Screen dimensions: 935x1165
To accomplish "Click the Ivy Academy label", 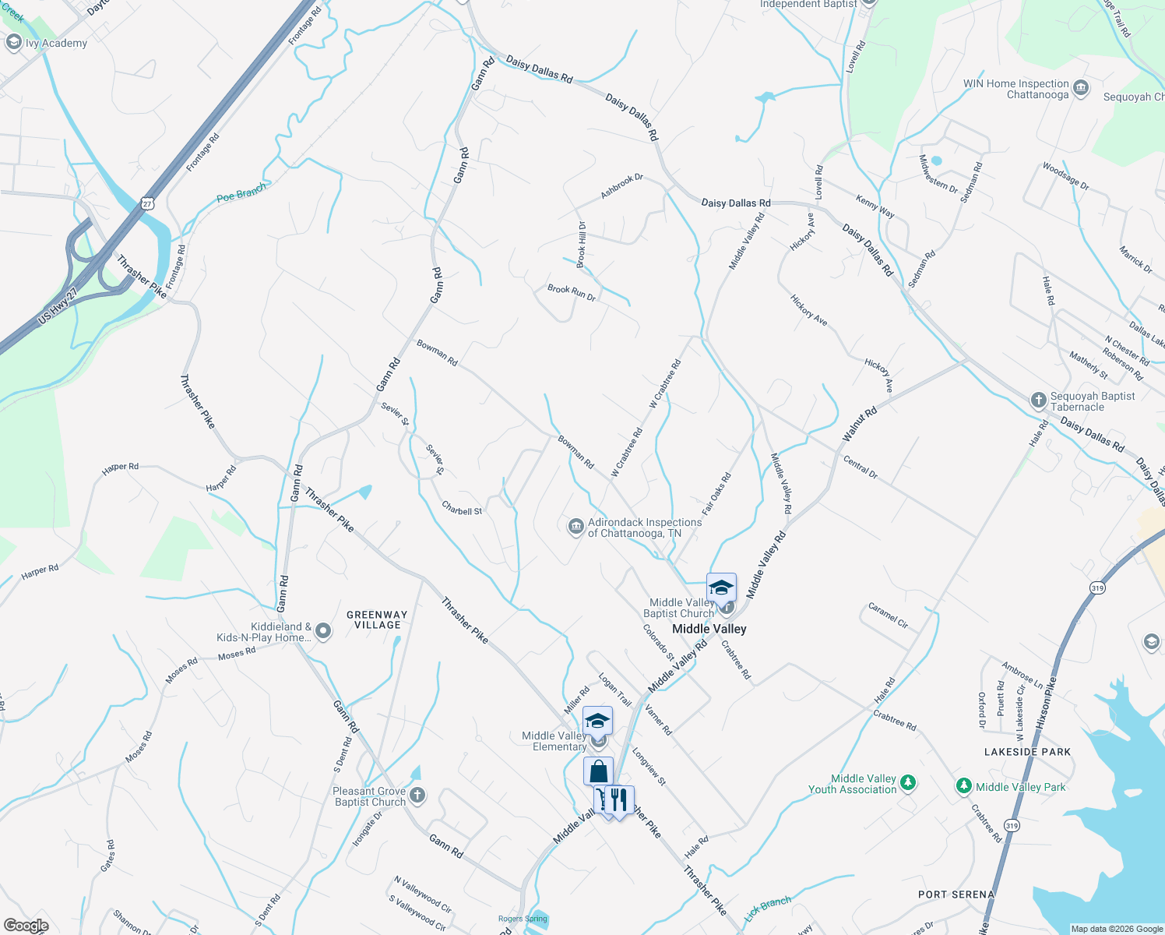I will [x=56, y=43].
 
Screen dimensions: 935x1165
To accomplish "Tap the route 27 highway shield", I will [x=147, y=203].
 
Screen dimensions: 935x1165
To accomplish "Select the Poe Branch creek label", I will [x=241, y=192].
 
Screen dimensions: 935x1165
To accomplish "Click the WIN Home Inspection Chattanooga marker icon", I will [x=1081, y=88].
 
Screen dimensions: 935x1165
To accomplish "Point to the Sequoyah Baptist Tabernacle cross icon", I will [x=1038, y=400].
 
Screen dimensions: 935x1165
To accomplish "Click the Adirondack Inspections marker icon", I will [x=575, y=527].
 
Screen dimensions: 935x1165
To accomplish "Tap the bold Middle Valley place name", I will [x=709, y=629].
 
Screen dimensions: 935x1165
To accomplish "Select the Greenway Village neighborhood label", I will [x=377, y=619].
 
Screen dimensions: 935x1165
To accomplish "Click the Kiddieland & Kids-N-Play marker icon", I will [x=323, y=631].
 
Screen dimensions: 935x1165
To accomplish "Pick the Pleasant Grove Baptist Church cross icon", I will [x=417, y=796].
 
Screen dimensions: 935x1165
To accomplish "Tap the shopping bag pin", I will [x=598, y=771].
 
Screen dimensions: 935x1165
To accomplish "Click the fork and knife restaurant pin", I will [x=619, y=800].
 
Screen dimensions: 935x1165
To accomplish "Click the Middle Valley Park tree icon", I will [x=964, y=786].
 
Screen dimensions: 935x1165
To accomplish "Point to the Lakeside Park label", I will [x=1027, y=752].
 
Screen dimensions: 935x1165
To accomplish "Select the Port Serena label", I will [x=956, y=894].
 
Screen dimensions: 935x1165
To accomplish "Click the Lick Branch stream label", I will [x=768, y=909].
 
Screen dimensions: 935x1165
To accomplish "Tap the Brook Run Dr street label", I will [x=572, y=293].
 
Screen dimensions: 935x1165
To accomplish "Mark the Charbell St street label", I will [x=462, y=510].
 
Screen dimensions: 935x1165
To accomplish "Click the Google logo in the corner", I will [x=26, y=925].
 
